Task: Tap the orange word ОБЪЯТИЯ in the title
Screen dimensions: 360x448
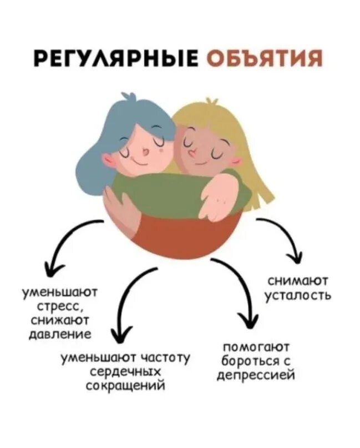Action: point(264,58)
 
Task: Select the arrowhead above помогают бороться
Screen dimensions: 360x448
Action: point(248,321)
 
